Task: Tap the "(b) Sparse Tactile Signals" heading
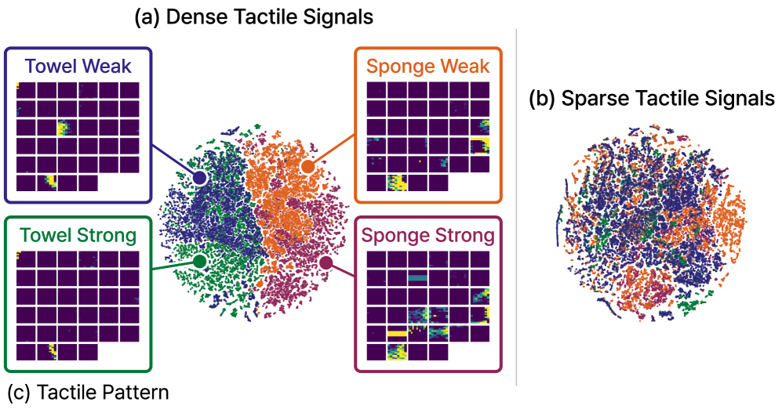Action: pos(652,100)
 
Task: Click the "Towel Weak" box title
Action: pos(78,66)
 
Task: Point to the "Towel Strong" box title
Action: pos(78,234)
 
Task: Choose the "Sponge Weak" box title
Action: pos(427,66)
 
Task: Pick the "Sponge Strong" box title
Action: pos(427,235)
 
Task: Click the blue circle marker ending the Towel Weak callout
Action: pos(199,178)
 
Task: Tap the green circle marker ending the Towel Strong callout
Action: pos(200,260)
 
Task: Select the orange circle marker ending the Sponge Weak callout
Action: pos(307,166)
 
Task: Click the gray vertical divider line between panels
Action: pos(516,204)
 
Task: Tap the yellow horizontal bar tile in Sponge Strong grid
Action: pos(398,333)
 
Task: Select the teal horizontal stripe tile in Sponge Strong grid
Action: pos(419,277)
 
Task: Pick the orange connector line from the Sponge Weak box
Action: pos(333,152)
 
